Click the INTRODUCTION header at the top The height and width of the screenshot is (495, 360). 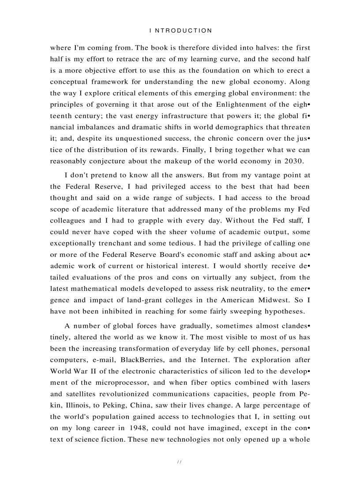coord(181,31)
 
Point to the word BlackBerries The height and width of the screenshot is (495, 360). coord(140,359)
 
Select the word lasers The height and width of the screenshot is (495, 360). coord(300,382)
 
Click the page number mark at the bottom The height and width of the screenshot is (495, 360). coord(179,462)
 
